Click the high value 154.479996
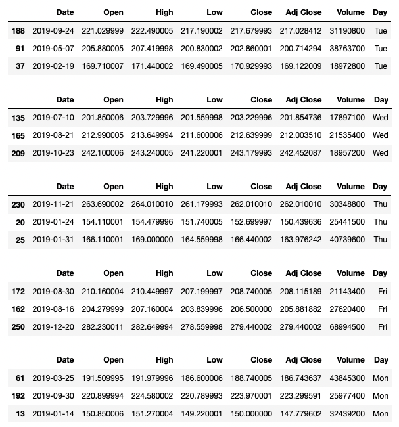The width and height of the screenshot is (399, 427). [154, 223]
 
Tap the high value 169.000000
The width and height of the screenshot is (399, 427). [154, 240]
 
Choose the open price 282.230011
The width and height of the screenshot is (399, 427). [105, 326]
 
